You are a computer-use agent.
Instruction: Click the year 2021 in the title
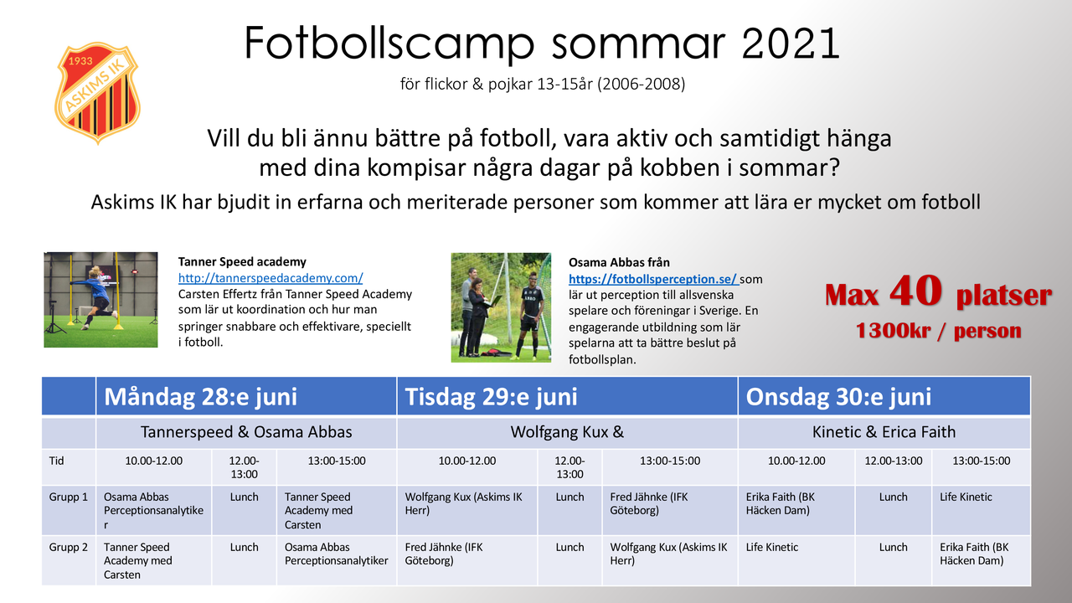click(x=790, y=43)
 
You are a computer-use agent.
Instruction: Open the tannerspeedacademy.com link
click(x=271, y=278)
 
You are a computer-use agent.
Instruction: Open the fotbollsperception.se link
click(x=654, y=279)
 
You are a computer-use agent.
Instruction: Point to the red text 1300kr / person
click(x=939, y=331)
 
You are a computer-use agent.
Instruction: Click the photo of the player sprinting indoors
click(x=100, y=300)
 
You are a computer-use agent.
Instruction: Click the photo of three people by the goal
click(x=501, y=307)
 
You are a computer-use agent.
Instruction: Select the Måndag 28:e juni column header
click(x=246, y=396)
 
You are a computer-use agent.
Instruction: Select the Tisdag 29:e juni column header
click(x=567, y=396)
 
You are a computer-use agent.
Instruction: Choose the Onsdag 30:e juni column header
click(x=884, y=396)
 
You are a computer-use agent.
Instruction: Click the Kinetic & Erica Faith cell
click(x=884, y=432)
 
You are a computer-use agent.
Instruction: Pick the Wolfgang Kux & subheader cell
click(x=567, y=432)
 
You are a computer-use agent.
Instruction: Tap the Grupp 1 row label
click(x=69, y=497)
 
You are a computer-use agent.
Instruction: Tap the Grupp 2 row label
click(x=69, y=547)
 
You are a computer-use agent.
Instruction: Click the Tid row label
click(x=56, y=461)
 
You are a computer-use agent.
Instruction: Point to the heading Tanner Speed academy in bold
click(x=242, y=262)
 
